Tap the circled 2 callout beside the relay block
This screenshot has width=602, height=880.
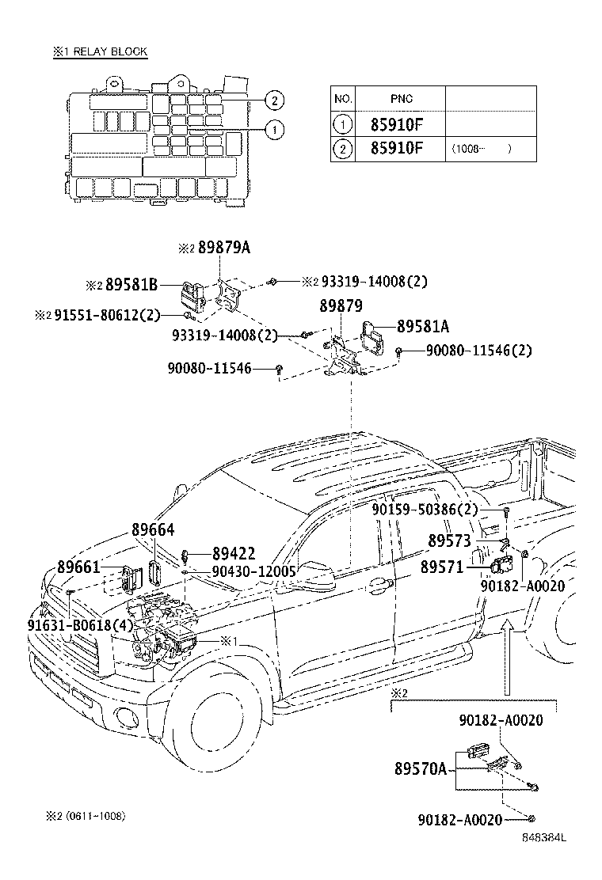(x=272, y=100)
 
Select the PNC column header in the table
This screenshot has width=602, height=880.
(x=401, y=99)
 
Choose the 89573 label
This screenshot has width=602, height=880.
(x=450, y=541)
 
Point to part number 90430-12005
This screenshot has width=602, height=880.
(x=253, y=571)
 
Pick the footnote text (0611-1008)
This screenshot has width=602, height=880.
(x=95, y=816)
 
